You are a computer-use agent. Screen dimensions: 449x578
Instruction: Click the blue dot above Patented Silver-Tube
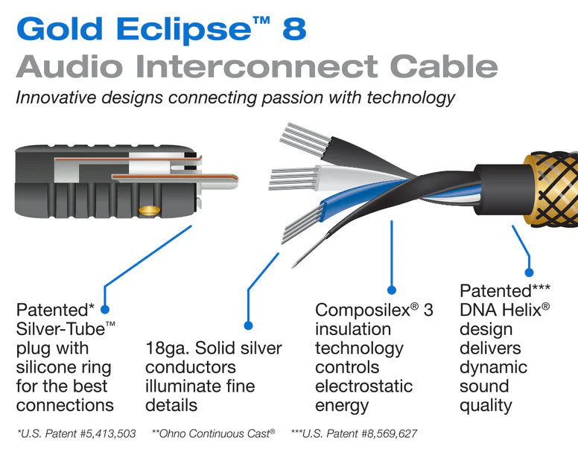(x=104, y=308)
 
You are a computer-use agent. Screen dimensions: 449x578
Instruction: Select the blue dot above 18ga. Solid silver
(x=249, y=325)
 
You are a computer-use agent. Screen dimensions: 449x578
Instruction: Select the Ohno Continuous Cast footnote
(x=213, y=432)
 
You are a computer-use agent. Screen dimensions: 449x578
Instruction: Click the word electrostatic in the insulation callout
(x=363, y=386)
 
